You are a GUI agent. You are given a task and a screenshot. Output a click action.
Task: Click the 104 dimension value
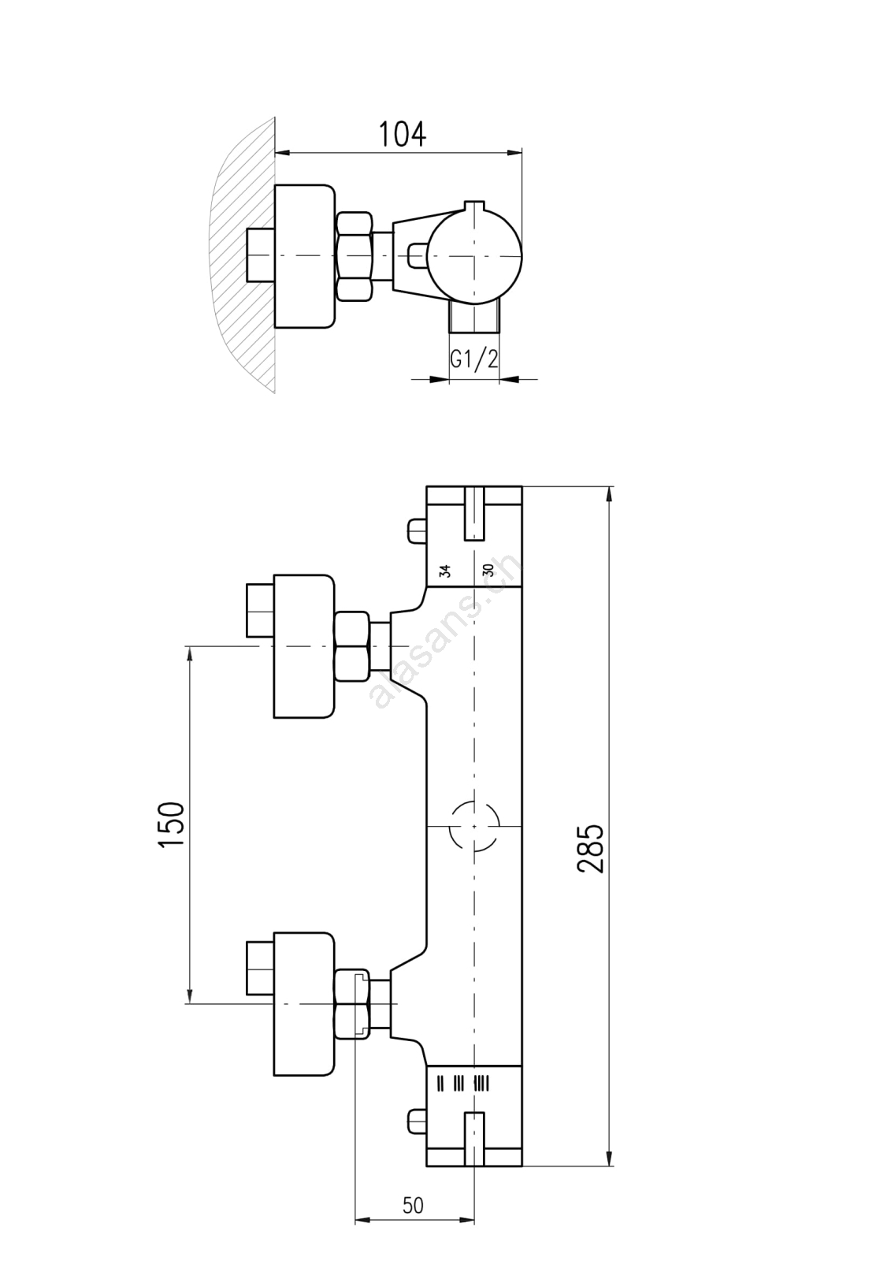(402, 135)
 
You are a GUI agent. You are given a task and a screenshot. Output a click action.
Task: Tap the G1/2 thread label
(473, 359)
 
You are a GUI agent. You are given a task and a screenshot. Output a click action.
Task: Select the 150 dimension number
(172, 824)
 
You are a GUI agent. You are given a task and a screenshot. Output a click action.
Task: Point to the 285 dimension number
(591, 848)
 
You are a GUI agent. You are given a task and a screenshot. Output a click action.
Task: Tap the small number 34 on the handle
(445, 571)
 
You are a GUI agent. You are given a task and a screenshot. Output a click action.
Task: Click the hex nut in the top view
(354, 256)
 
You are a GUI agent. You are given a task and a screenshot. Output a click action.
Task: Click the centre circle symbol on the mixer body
(474, 826)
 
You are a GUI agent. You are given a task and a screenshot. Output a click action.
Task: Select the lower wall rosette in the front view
(304, 1003)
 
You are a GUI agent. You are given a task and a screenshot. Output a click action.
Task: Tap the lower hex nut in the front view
(352, 1003)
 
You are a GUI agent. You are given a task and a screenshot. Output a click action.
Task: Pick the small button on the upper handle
(417, 530)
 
